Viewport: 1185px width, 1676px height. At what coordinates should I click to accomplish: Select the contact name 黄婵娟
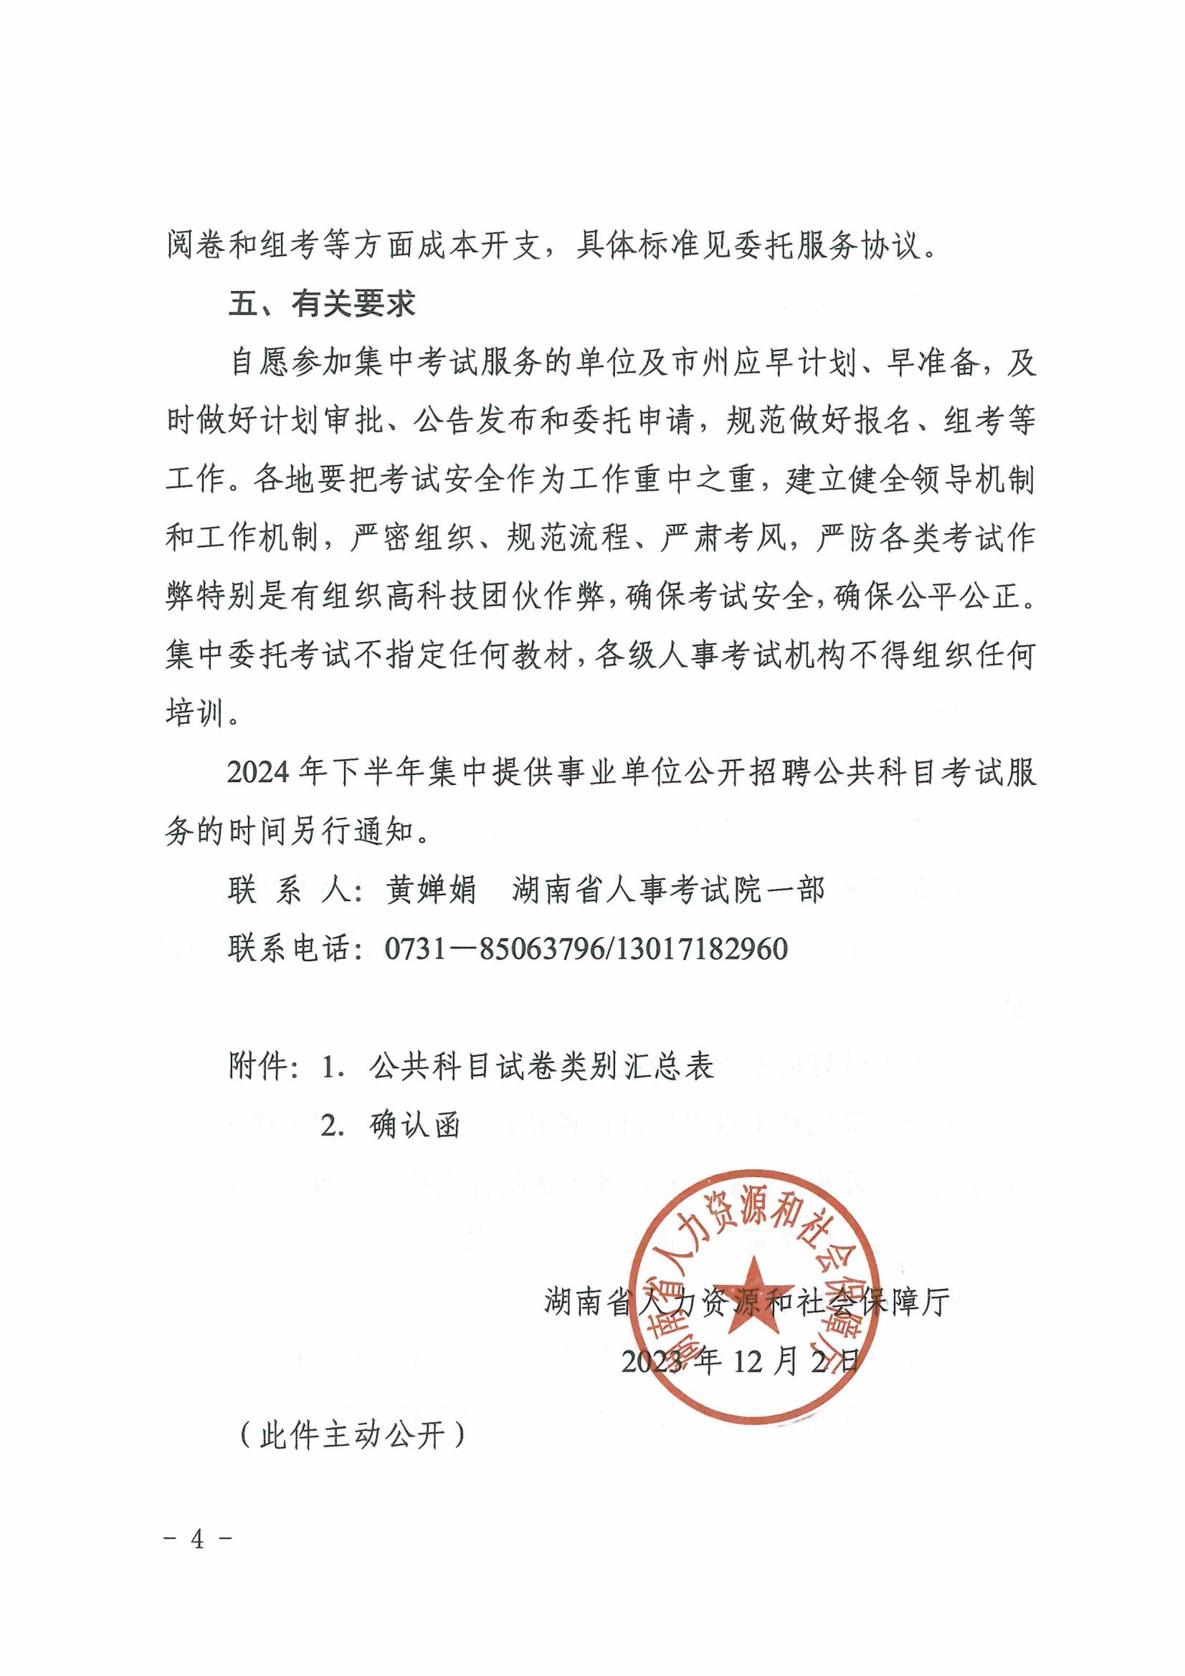pos(430,890)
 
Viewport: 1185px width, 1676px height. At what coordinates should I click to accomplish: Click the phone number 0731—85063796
pos(495,949)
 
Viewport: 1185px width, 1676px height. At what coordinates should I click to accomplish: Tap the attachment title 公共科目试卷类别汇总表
pos(541,1067)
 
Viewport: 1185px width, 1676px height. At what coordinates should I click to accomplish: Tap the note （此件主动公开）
pos(352,1435)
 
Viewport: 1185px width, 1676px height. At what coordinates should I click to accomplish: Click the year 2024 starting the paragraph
pos(258,772)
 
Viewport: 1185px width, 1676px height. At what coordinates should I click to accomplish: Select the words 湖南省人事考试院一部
pos(668,890)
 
